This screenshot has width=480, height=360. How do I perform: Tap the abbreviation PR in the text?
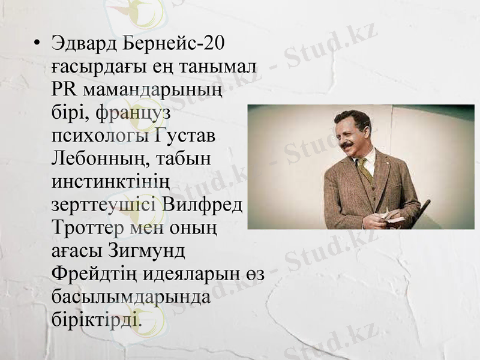coord(64,90)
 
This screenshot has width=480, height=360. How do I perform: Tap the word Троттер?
coord(88,227)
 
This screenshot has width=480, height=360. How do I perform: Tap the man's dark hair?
coord(353,118)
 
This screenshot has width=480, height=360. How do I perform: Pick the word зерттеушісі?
coord(104,205)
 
